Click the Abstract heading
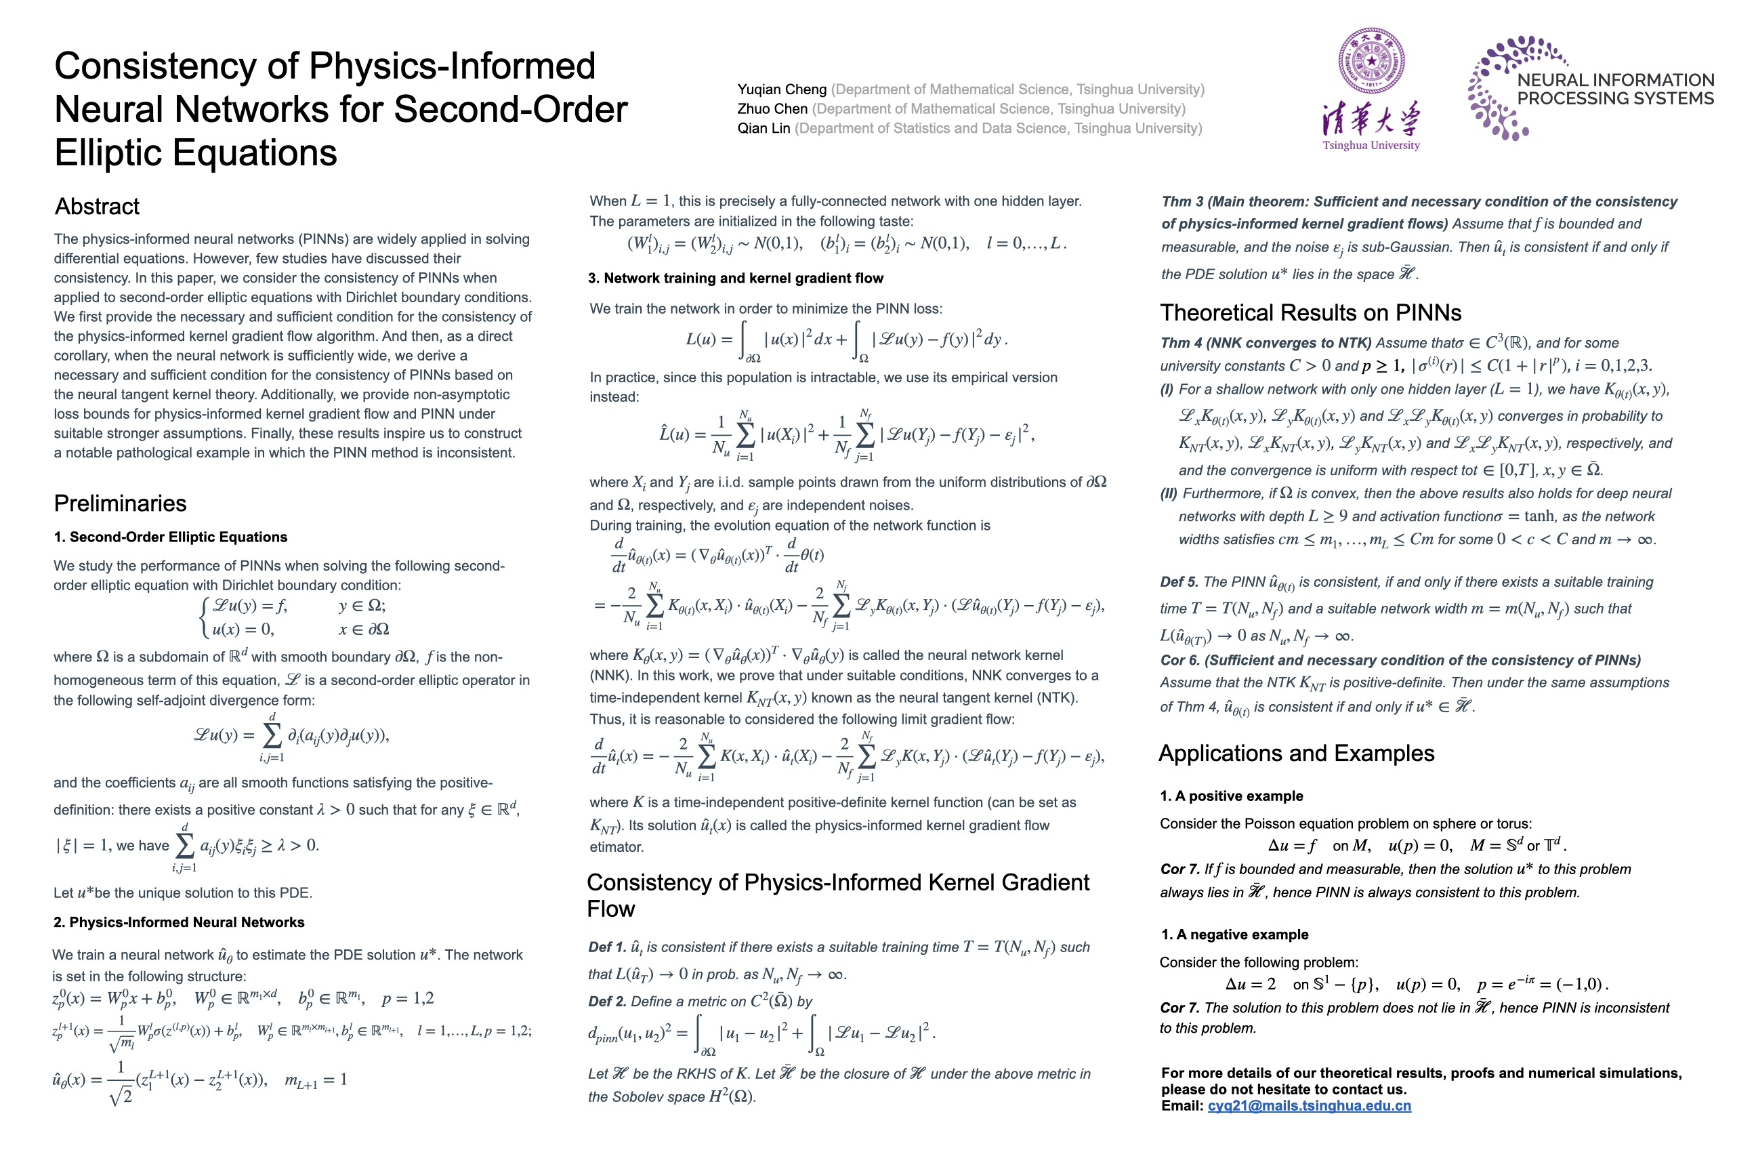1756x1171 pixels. tap(97, 206)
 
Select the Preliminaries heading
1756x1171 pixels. tap(120, 504)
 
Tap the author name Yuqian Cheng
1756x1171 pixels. tap(782, 89)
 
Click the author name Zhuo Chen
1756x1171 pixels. tap(772, 109)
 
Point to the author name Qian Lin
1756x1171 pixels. tap(763, 129)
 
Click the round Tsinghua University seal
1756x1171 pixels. tap(1371, 61)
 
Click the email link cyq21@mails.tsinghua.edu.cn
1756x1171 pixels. tap(1309, 1106)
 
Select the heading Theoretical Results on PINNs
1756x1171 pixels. tap(1310, 313)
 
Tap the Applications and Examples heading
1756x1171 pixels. tap(1296, 754)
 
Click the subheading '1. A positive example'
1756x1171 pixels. tap(1231, 796)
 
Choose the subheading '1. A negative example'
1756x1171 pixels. tap(1235, 934)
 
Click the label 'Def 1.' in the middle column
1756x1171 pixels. tap(607, 947)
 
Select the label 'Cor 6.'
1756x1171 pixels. tap(1179, 660)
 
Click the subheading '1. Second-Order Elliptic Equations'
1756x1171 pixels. tap(170, 537)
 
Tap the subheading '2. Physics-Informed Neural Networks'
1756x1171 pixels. tap(179, 922)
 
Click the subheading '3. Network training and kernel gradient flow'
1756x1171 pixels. tap(736, 279)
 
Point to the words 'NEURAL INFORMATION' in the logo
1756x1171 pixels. tap(1616, 80)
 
